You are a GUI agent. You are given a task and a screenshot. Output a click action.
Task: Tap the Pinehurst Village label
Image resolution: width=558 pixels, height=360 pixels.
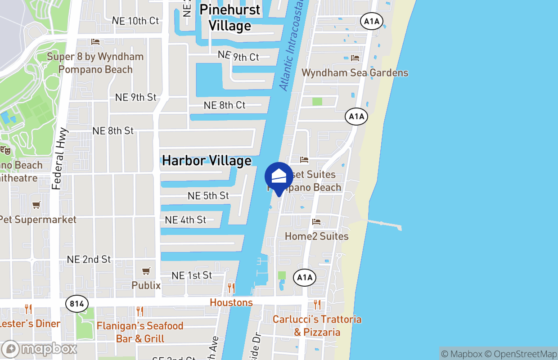pyautogui.click(x=229, y=18)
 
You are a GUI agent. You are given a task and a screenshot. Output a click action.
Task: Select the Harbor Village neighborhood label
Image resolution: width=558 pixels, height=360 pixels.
pyautogui.click(x=207, y=161)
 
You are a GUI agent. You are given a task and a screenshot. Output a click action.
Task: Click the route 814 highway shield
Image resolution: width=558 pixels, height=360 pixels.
pyautogui.click(x=77, y=304)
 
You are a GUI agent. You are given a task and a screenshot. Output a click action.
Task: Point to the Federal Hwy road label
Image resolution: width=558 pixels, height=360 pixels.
pyautogui.click(x=59, y=159)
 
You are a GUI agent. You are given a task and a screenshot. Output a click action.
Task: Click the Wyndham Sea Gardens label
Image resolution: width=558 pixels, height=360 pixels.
pyautogui.click(x=355, y=73)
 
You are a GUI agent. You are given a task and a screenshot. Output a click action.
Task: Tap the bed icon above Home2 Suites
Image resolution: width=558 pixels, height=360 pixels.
pyautogui.click(x=316, y=222)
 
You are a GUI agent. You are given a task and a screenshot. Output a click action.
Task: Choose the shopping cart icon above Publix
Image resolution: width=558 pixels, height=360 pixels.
pyautogui.click(x=146, y=271)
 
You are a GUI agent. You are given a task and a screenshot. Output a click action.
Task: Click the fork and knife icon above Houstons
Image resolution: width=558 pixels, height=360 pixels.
pyautogui.click(x=231, y=288)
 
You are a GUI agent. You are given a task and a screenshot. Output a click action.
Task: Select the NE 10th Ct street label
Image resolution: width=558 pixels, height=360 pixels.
pyautogui.click(x=135, y=21)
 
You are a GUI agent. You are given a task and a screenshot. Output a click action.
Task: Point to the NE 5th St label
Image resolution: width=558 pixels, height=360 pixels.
pyautogui.click(x=208, y=196)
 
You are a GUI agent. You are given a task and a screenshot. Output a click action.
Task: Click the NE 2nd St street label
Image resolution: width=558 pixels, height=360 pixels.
pyautogui.click(x=89, y=260)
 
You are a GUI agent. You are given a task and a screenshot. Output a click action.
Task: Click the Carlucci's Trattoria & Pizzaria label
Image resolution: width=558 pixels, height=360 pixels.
pyautogui.click(x=317, y=326)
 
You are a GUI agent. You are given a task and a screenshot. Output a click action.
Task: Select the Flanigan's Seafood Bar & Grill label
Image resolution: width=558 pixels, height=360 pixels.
pyautogui.click(x=140, y=332)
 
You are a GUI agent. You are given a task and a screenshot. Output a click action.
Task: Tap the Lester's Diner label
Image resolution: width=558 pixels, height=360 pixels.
pyautogui.click(x=30, y=324)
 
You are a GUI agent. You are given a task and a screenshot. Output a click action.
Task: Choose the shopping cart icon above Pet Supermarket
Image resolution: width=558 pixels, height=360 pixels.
pyautogui.click(x=36, y=205)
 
